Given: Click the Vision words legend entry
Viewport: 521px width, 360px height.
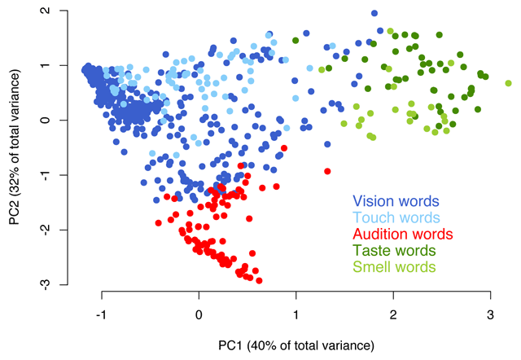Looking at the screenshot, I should tap(396, 200).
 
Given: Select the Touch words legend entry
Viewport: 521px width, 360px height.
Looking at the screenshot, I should tap(396, 217).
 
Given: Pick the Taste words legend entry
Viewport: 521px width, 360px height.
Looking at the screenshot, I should tap(394, 250).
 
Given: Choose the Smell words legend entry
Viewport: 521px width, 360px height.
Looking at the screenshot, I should tap(395, 266).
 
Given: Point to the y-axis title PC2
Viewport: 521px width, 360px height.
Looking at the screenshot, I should tap(17, 147).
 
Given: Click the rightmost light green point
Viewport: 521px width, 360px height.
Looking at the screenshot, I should tap(508, 83).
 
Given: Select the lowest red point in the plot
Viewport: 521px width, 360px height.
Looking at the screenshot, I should tap(259, 280).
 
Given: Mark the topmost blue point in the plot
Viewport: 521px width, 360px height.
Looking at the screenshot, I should tap(374, 13).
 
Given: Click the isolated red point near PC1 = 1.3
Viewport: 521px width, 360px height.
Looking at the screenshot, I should tap(327, 171).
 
